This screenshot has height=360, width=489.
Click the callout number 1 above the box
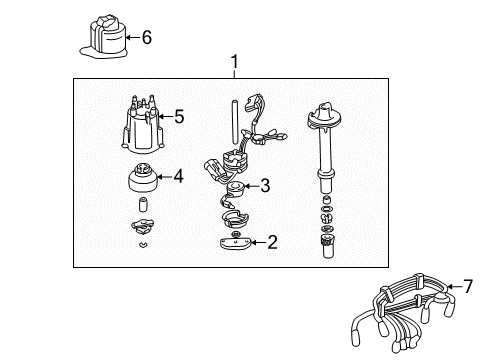click(x=234, y=62)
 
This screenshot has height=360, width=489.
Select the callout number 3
click(x=265, y=185)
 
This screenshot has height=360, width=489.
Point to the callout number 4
click(x=178, y=177)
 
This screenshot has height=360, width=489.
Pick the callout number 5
click(x=179, y=117)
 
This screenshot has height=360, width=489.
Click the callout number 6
click(x=146, y=38)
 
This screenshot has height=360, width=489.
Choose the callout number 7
click(x=467, y=287)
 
